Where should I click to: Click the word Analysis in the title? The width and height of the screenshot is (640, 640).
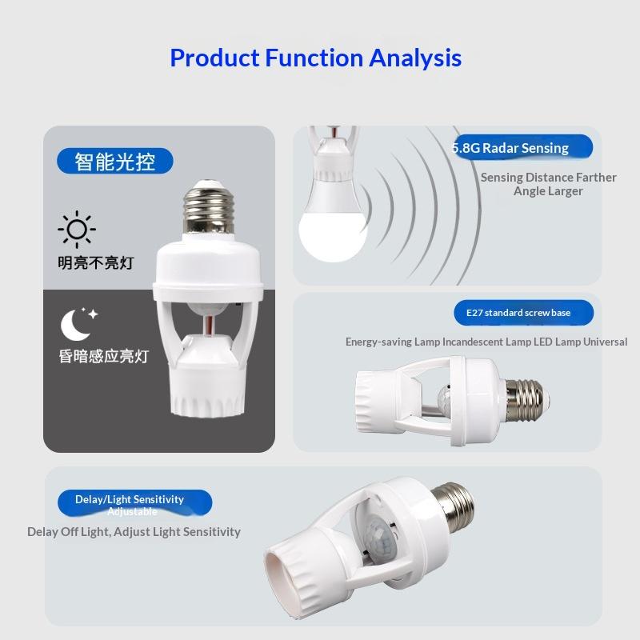[x=415, y=58]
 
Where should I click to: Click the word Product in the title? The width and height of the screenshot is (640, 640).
[x=214, y=58]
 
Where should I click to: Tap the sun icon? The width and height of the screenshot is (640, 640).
[x=77, y=230]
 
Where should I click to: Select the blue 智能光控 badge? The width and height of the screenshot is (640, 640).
[x=115, y=161]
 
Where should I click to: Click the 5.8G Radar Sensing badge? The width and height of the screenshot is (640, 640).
[x=522, y=147]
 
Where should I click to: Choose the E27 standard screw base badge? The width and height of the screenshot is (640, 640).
[x=524, y=313]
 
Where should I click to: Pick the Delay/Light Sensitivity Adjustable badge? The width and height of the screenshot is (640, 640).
[x=134, y=503]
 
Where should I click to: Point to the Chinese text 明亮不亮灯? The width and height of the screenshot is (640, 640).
[x=96, y=263]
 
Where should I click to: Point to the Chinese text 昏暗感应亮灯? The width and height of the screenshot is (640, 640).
[x=104, y=356]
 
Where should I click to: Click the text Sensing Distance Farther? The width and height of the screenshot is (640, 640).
[x=548, y=178]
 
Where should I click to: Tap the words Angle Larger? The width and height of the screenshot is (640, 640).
[x=548, y=191]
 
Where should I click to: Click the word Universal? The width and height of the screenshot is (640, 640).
[x=606, y=342]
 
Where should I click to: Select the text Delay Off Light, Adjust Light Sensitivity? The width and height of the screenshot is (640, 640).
[x=134, y=532]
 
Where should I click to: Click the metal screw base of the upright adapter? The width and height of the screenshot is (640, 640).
[x=209, y=208]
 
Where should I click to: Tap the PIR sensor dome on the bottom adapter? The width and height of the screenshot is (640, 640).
[x=381, y=537]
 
